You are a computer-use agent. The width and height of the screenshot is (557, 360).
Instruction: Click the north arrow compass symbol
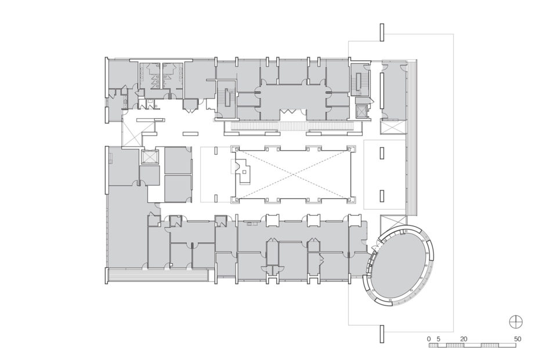[x=514, y=321]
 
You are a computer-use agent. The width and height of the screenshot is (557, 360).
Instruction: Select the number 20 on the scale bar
[x=464, y=338]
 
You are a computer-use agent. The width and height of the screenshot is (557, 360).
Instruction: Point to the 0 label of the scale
[x=429, y=338]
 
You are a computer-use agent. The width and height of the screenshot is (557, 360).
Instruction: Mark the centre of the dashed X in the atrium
[x=294, y=174]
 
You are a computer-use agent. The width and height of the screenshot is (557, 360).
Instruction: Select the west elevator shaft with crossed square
[x=150, y=157]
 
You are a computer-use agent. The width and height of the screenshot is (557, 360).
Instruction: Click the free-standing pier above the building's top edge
[x=381, y=32]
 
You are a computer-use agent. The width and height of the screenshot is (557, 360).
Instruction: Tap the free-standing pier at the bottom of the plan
[x=381, y=333]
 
